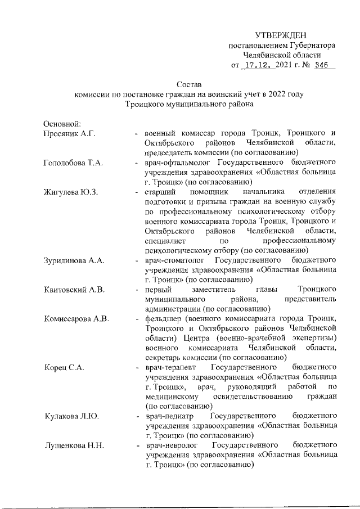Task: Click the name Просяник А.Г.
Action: [x=70, y=134]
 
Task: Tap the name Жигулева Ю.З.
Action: [x=71, y=192]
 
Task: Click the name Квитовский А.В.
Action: [x=74, y=290]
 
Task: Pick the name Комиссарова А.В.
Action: [x=76, y=319]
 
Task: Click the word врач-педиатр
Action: [x=169, y=416]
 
